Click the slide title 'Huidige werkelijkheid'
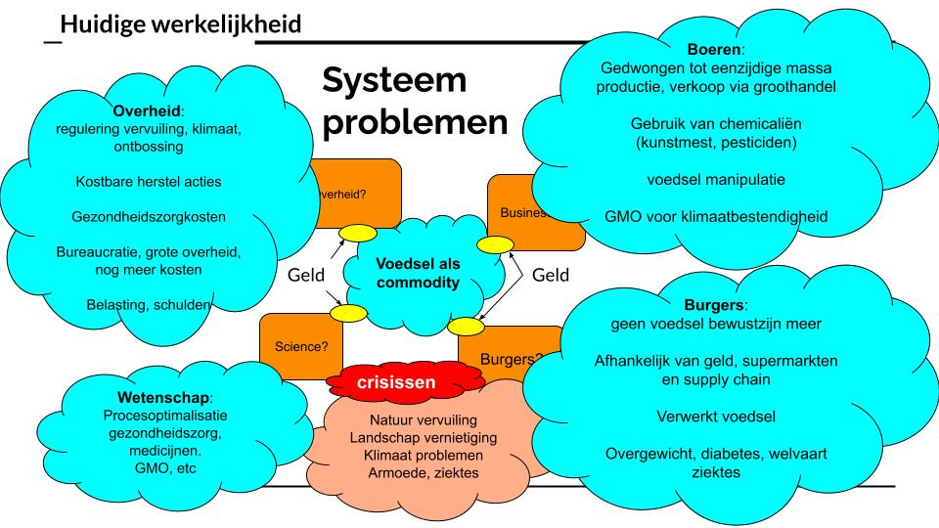pyautogui.click(x=180, y=22)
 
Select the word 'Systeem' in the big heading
pyautogui.click(x=395, y=79)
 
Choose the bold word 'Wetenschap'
pyautogui.click(x=162, y=398)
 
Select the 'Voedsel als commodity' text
pyautogui.click(x=418, y=273)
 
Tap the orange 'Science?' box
pyautogui.click(x=301, y=345)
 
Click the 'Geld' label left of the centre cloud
pyautogui.click(x=306, y=276)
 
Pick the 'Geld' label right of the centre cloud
pyautogui.click(x=551, y=276)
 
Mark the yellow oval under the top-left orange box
pyautogui.click(x=358, y=234)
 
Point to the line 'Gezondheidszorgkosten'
pyautogui.click(x=149, y=216)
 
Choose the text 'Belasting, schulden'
pyautogui.click(x=149, y=304)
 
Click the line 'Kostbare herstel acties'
pyautogui.click(x=149, y=181)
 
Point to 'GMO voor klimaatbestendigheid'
pyautogui.click(x=716, y=216)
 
